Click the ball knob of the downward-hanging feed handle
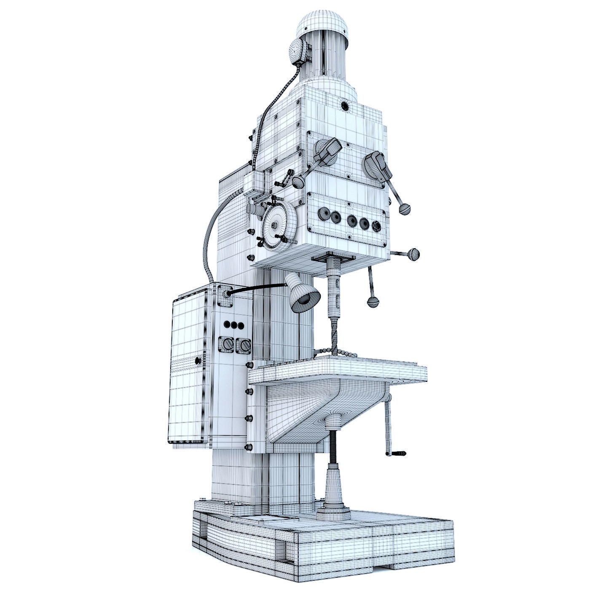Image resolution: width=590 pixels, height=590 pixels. tap(373, 302)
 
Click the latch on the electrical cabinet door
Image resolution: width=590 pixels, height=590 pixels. tap(197, 360)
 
